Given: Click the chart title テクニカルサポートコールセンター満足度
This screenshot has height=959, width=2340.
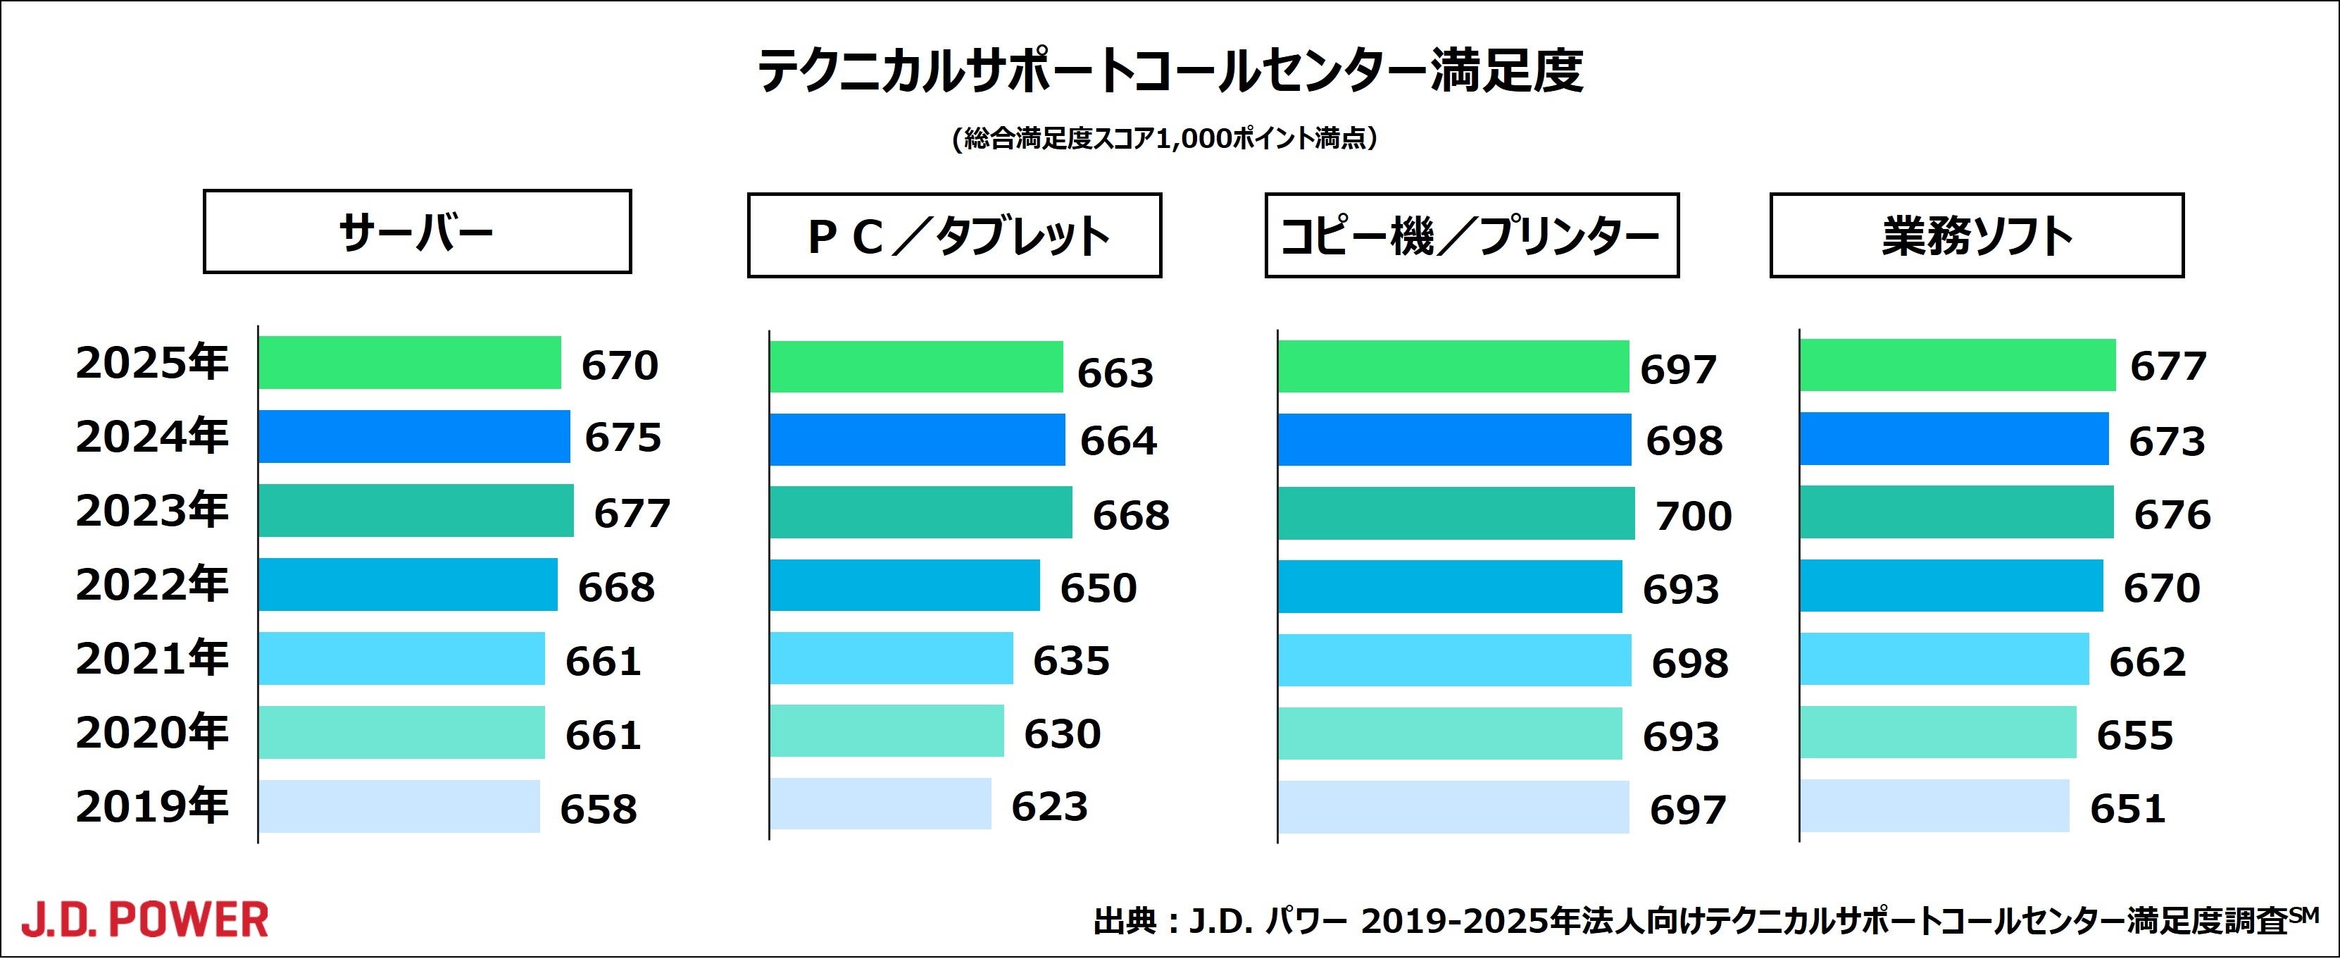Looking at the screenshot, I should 1170,71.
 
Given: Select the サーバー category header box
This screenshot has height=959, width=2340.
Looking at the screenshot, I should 417,232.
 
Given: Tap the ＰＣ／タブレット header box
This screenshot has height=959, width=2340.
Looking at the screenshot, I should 953,235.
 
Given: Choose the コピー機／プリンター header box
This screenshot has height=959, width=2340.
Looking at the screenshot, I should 1472,235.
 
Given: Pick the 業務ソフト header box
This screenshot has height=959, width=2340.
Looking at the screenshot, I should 1977,235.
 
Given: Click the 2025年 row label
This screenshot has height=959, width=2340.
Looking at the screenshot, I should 151,364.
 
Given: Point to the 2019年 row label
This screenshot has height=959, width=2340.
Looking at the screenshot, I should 151,806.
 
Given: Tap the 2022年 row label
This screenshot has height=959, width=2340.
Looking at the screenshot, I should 151,585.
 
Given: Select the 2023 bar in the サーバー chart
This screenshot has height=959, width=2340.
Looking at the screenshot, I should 415,511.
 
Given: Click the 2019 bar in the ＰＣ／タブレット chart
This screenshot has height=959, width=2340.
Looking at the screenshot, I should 880,803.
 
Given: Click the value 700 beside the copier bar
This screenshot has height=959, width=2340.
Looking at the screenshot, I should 1694,515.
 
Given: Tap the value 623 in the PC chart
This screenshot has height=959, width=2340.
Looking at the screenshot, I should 1049,806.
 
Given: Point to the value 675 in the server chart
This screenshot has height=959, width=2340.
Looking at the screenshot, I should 622,438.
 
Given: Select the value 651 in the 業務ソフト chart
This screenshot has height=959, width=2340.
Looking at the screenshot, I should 2128,808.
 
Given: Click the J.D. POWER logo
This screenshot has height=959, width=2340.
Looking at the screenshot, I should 145,920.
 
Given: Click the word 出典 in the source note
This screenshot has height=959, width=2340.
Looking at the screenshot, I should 1125,922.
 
